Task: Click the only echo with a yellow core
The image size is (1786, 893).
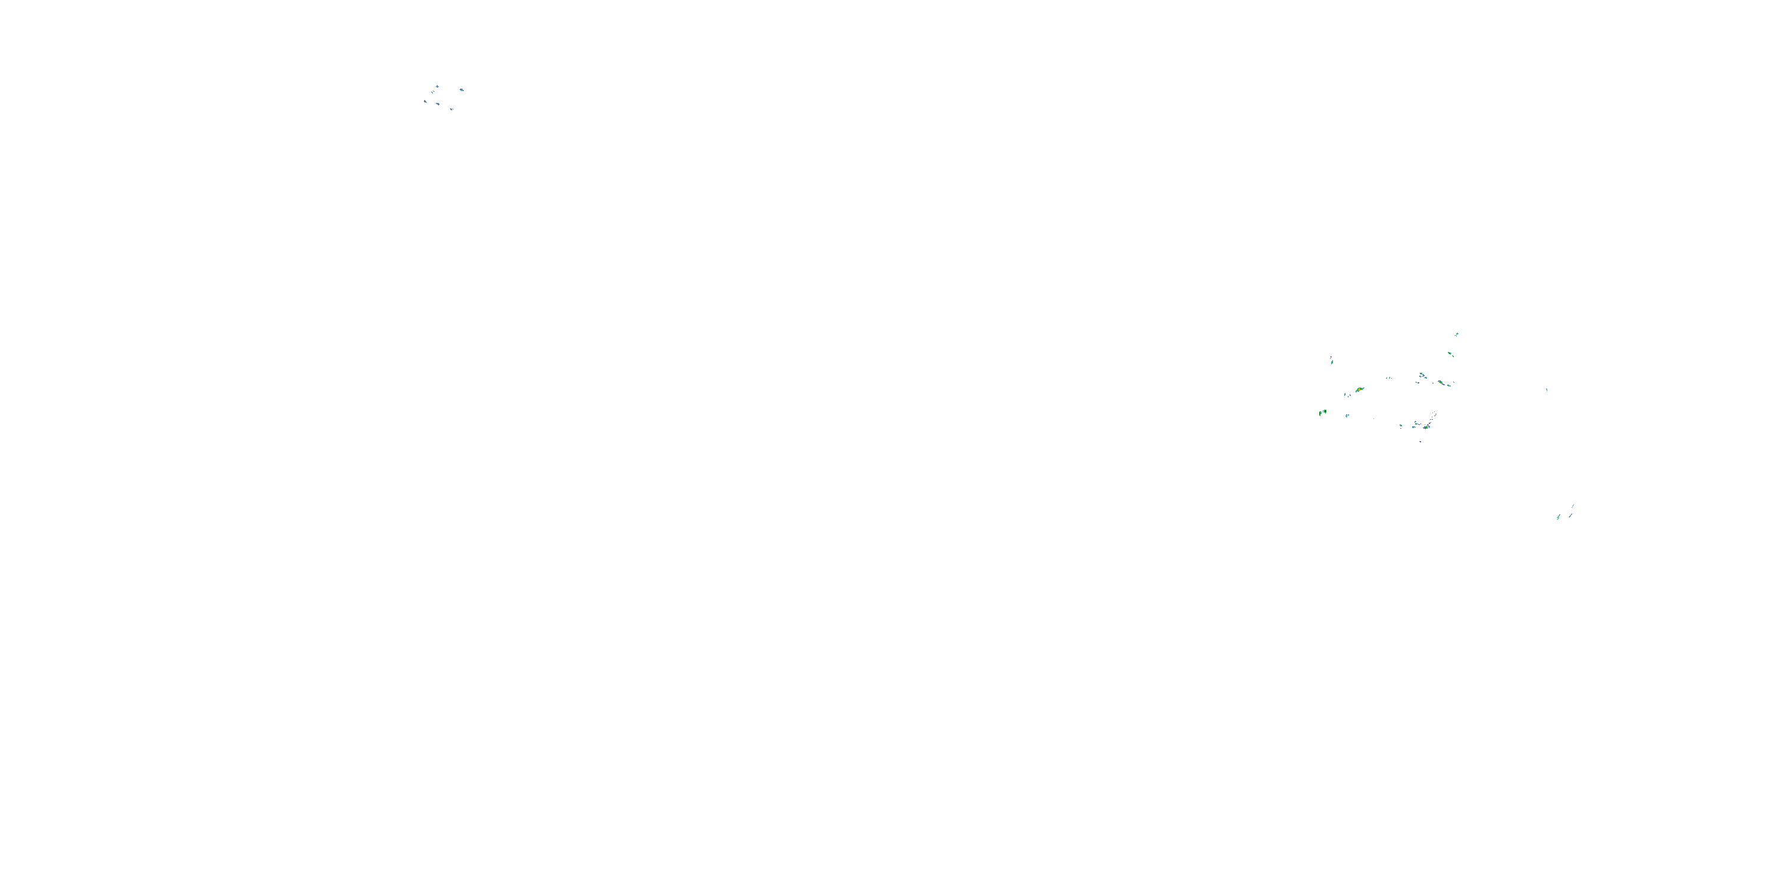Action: [x=1359, y=390]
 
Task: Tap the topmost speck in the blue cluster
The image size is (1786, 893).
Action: [x=438, y=87]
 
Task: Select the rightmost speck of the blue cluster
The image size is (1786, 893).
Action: [x=462, y=90]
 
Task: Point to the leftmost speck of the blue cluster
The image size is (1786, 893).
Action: [x=425, y=101]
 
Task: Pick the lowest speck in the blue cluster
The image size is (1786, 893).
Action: [x=451, y=110]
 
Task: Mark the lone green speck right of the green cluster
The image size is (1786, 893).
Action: [x=1547, y=390]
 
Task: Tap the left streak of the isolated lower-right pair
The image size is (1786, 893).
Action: [x=1559, y=518]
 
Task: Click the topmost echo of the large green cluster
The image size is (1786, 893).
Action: [x=1457, y=334]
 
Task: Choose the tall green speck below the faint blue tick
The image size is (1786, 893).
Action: [x=1332, y=363]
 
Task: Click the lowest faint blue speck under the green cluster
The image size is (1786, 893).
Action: [x=1420, y=442]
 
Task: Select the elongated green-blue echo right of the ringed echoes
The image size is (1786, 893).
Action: [x=1441, y=383]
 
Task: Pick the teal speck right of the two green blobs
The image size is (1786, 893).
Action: [x=1347, y=416]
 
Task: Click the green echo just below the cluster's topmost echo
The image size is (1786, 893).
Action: [x=1450, y=354]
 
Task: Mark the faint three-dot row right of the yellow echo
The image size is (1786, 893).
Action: [x=1390, y=379]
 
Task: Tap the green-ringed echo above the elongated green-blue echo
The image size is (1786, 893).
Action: [x=1421, y=374]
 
